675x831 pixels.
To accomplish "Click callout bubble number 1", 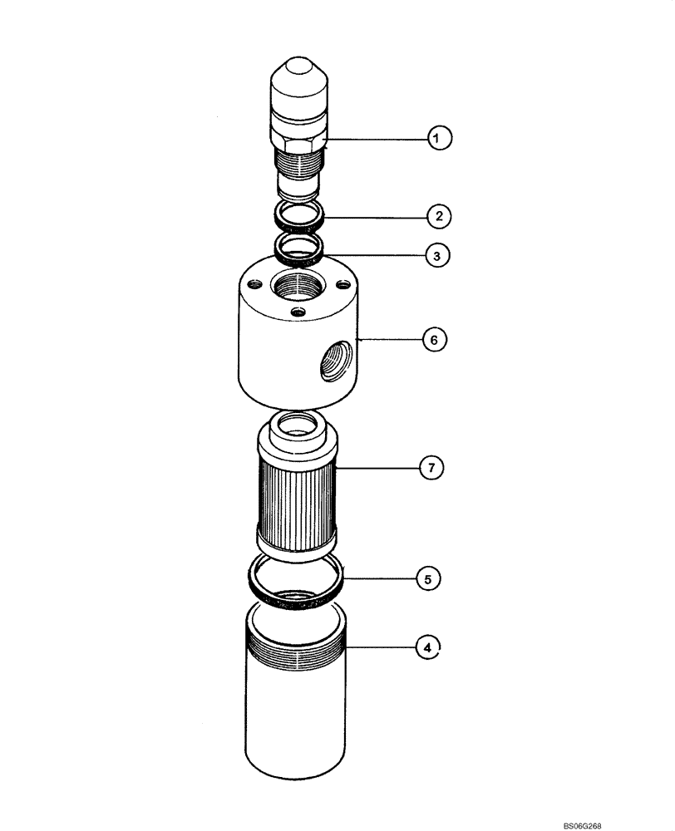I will click(x=439, y=137).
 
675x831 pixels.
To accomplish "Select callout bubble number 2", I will click(x=439, y=216).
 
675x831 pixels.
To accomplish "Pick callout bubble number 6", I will click(x=434, y=339).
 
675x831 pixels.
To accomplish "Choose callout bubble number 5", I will click(x=428, y=577).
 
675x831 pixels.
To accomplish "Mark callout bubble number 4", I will click(x=426, y=647).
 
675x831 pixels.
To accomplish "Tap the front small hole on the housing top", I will click(x=298, y=312).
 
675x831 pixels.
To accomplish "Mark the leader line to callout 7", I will click(x=382, y=469).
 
